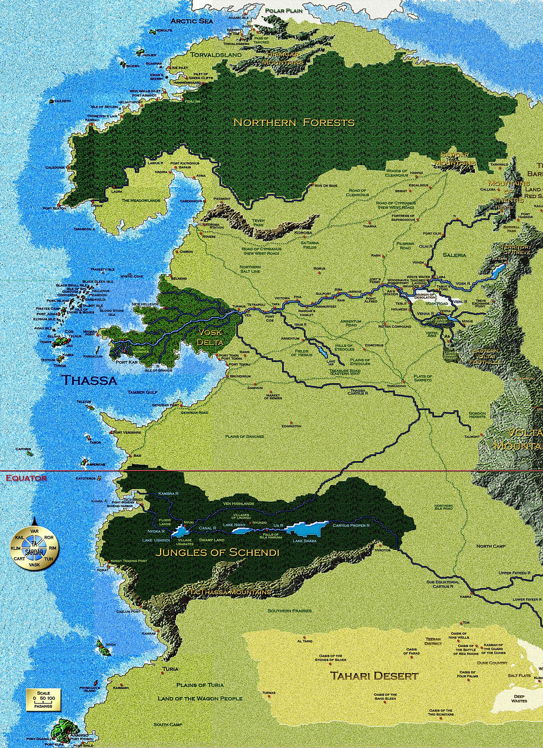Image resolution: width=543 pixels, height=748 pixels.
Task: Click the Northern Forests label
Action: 294,123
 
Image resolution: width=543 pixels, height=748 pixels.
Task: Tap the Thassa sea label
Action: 89,380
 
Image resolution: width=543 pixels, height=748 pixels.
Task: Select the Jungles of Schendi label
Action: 217,552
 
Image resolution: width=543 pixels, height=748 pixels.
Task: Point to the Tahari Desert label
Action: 374,676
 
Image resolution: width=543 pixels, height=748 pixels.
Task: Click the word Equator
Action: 26,478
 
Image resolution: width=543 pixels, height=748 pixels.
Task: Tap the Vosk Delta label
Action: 209,337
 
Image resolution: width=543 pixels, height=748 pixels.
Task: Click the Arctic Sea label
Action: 192,21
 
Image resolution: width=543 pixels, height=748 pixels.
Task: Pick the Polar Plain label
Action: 284,11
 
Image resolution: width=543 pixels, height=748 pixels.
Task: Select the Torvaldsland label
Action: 216,55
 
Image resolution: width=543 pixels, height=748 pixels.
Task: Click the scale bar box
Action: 43,699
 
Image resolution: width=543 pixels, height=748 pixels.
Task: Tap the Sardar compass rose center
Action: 34,548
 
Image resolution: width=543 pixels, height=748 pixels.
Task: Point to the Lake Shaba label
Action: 305,541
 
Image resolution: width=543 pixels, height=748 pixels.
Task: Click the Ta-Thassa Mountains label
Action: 230,592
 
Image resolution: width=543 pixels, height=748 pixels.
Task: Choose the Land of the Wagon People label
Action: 200,698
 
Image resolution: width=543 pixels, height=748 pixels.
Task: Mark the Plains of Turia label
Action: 200,685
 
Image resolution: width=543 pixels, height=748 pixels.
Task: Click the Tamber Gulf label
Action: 144,392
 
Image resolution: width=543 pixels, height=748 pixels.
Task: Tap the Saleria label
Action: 454,255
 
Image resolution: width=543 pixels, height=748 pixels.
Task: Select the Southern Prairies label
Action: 290,610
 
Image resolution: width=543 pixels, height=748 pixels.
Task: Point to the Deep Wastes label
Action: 519,699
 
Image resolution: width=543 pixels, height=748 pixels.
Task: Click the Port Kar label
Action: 126,362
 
